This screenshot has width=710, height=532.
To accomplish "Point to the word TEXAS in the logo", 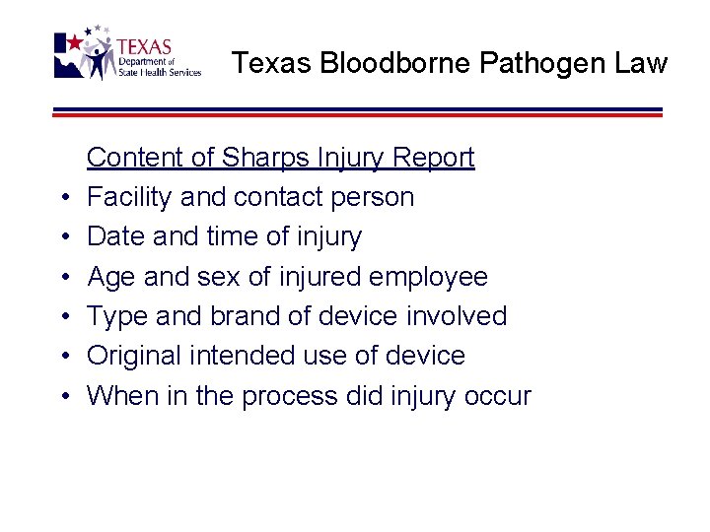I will (x=144, y=46).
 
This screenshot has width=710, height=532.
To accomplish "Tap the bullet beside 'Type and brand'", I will (x=63, y=317).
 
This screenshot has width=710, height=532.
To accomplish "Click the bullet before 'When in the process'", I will (x=63, y=397).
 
